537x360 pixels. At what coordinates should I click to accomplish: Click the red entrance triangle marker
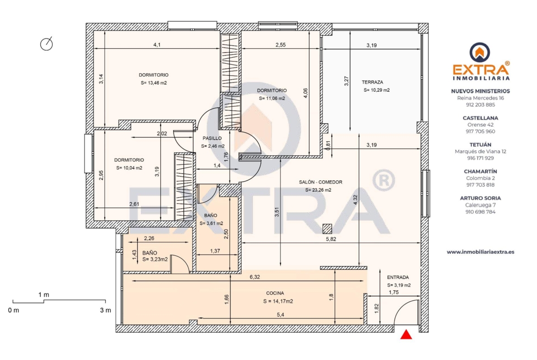tap(406, 335)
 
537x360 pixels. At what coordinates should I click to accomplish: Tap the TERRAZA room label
tap(372, 82)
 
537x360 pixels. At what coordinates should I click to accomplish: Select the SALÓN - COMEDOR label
tap(320, 182)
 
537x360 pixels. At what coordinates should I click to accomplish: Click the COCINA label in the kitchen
tap(275, 293)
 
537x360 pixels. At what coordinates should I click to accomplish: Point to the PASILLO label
tap(212, 138)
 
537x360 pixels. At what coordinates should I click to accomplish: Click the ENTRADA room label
tap(398, 277)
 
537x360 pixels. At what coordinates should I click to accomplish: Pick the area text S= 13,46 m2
tap(154, 83)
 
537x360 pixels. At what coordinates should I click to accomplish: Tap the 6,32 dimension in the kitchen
tap(255, 277)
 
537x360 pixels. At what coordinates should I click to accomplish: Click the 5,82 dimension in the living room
tap(331, 239)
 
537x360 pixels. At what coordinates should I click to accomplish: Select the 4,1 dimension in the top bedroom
tap(157, 44)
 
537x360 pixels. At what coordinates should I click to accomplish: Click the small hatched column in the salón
tap(327, 228)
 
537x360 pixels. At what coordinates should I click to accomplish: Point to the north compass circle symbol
tap(46, 44)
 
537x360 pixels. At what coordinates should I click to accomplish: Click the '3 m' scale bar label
tap(106, 310)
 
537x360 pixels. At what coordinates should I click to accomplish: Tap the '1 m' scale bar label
tap(44, 294)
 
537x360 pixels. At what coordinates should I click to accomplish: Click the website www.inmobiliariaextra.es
tap(481, 252)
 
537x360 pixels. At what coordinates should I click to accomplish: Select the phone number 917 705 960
tap(481, 132)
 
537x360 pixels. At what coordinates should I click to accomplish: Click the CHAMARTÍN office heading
tap(481, 172)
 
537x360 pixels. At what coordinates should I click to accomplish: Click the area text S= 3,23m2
tap(155, 260)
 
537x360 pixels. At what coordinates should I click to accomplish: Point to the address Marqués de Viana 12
tap(481, 151)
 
